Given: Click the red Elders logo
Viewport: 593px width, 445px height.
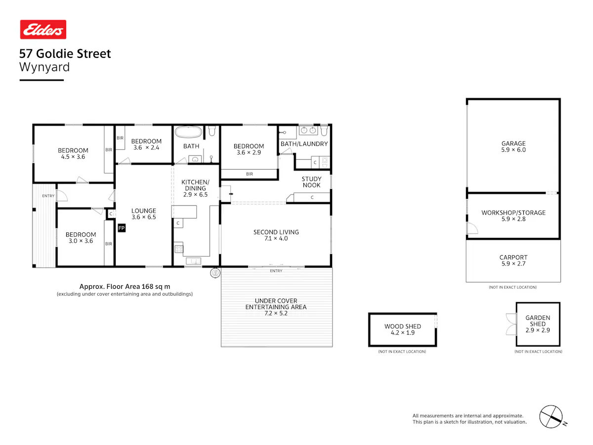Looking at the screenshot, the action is pyautogui.click(x=43, y=29).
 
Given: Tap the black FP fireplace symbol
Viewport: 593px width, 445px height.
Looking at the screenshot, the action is pyautogui.click(x=121, y=228).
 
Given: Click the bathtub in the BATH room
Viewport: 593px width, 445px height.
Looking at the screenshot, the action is pyautogui.click(x=188, y=132).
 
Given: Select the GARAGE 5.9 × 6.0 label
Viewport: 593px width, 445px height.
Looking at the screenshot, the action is pyautogui.click(x=513, y=146).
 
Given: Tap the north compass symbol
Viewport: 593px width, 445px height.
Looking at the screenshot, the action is pyautogui.click(x=551, y=416).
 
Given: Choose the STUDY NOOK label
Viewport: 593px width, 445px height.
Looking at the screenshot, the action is pyautogui.click(x=311, y=182).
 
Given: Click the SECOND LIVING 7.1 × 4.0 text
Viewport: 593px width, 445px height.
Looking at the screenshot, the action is pyautogui.click(x=276, y=235).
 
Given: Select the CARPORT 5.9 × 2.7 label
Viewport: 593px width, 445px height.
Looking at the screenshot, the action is pyautogui.click(x=513, y=260).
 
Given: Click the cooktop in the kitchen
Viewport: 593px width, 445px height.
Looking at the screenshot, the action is pyautogui.click(x=178, y=249).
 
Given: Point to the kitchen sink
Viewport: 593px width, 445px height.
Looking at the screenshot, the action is pyautogui.click(x=193, y=261).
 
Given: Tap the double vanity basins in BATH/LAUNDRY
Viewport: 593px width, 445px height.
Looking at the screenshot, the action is pyautogui.click(x=308, y=130).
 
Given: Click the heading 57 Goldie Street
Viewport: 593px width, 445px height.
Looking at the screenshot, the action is pyautogui.click(x=65, y=53).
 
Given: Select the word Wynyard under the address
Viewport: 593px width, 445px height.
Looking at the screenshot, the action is pyautogui.click(x=44, y=67).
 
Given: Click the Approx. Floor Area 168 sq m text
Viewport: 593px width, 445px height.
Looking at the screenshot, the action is pyautogui.click(x=125, y=286).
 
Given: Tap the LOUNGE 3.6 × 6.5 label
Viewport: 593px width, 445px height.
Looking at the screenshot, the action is pyautogui.click(x=143, y=214).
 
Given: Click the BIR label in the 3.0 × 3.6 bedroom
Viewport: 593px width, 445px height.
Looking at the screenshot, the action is pyautogui.click(x=108, y=244).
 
